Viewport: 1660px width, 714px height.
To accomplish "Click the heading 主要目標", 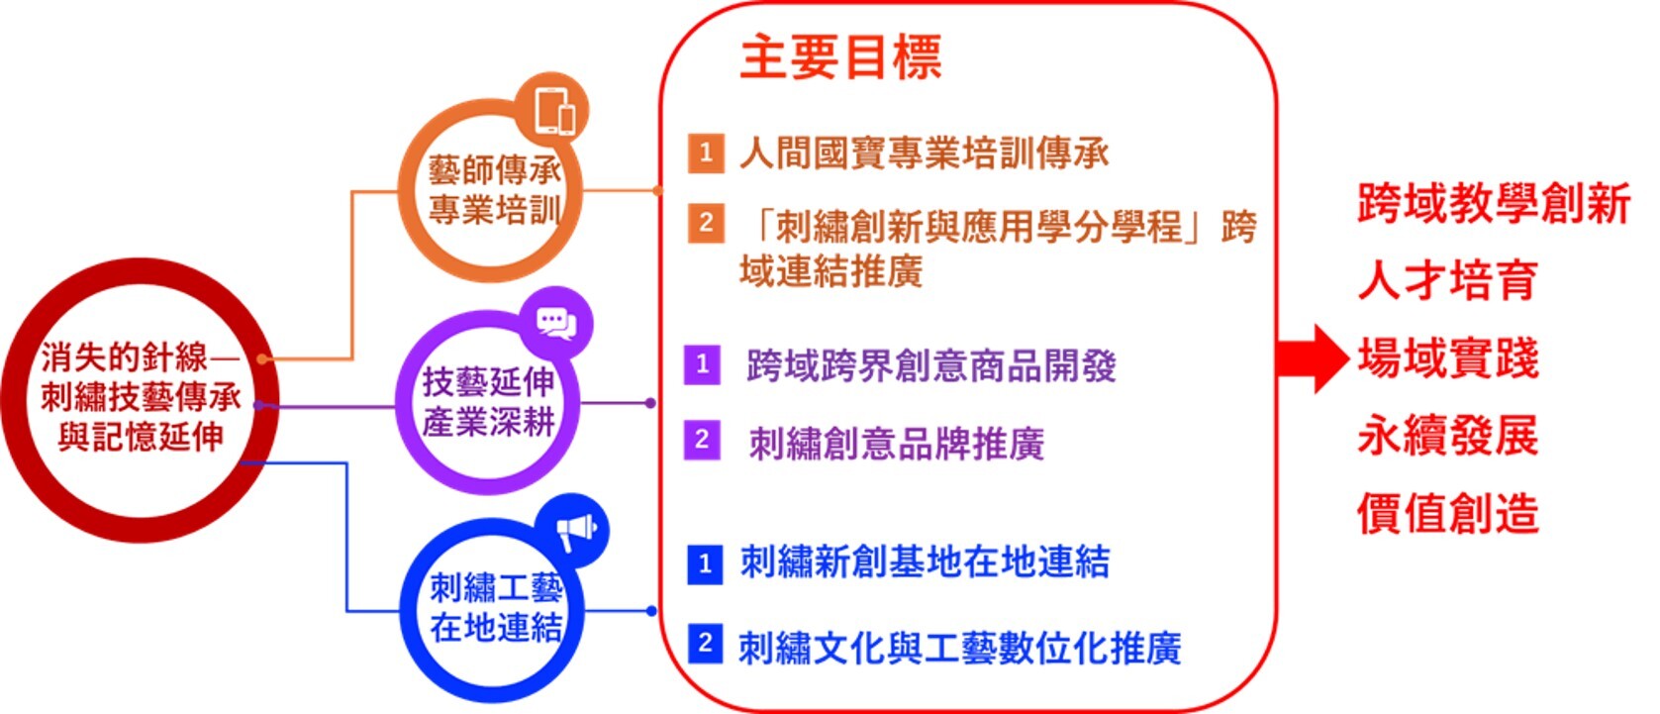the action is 840,57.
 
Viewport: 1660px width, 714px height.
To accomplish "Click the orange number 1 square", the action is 706,153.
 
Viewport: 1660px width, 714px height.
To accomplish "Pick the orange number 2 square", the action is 706,223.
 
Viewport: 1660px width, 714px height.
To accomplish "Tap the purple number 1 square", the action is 702,364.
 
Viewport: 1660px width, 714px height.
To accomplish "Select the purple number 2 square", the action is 702,441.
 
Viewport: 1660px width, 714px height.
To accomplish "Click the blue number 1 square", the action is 705,565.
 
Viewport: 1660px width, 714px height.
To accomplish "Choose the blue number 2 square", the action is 705,644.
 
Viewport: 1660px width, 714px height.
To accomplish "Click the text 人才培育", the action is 1448,280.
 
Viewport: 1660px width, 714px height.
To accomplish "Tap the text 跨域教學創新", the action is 1494,202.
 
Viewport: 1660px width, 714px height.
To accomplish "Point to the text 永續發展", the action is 1448,435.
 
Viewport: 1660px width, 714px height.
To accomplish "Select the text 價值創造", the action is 1448,513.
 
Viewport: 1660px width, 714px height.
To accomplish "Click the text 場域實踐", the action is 1448,357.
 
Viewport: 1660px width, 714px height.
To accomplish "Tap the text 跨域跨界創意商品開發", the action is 931,365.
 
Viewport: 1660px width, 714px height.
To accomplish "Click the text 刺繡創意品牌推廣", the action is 897,444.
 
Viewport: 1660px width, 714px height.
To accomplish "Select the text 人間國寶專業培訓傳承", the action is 925,153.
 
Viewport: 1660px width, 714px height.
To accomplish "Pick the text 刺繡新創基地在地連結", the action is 925,561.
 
